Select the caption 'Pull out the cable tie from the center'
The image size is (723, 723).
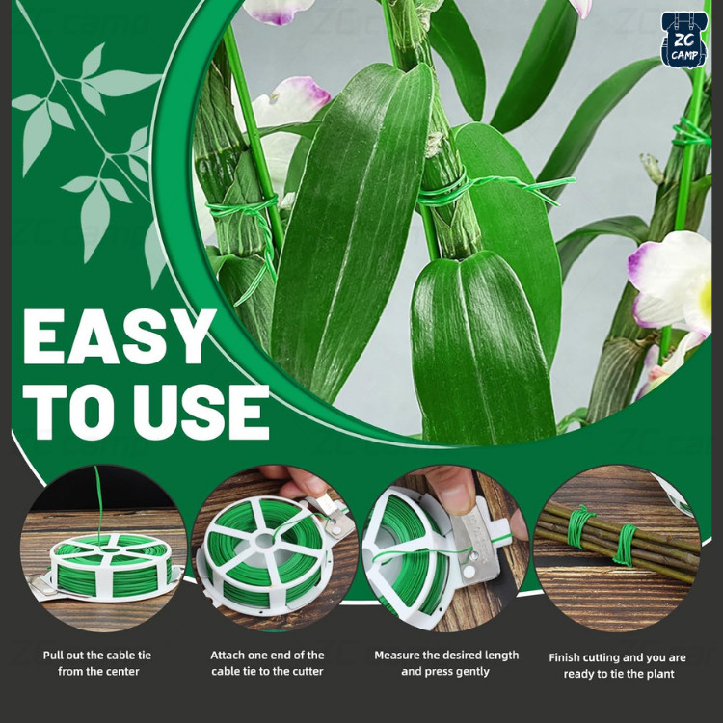[97, 663]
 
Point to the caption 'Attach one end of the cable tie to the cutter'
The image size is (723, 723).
[267, 663]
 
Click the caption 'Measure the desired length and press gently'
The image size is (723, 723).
[446, 663]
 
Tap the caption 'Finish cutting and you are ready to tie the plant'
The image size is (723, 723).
[618, 665]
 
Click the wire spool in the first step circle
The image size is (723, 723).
[111, 566]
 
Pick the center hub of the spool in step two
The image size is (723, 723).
[265, 541]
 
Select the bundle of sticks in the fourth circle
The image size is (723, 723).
[618, 540]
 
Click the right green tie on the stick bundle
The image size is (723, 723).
[626, 545]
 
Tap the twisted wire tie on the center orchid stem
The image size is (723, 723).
[494, 187]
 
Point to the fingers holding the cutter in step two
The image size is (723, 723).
[295, 482]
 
